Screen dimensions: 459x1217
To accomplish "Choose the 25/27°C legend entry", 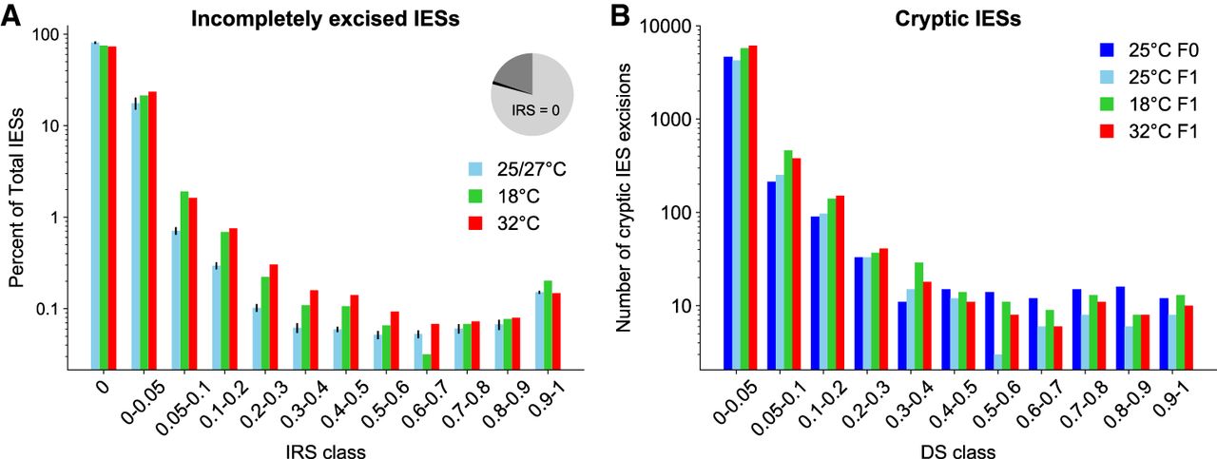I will pos(501,169).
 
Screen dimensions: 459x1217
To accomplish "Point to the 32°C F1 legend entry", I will pos(1149,133).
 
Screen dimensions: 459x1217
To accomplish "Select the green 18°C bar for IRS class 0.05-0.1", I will pos(184,280).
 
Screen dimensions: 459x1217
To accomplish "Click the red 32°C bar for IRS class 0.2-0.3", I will pos(273,316).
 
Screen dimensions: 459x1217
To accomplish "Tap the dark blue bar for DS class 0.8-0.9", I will pos(1120,328).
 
